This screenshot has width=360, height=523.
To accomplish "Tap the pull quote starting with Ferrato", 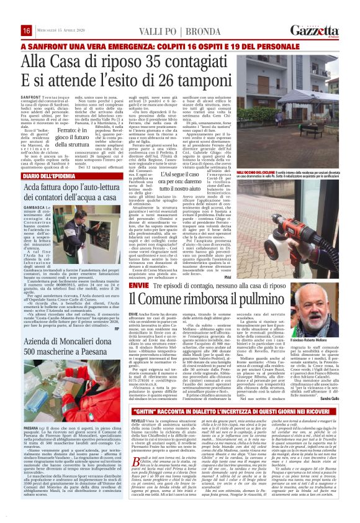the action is (x=83, y=137).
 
